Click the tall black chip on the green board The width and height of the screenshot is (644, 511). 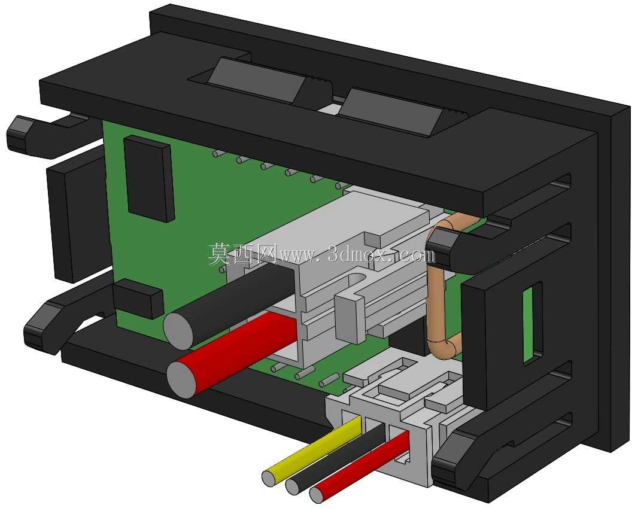148,179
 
